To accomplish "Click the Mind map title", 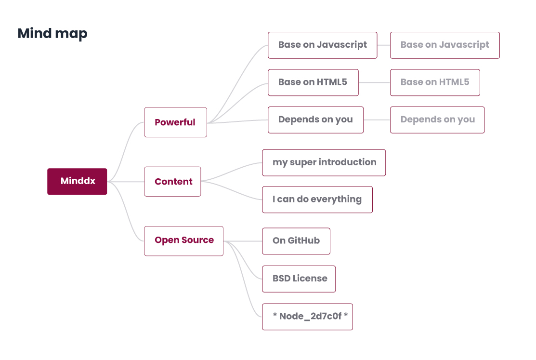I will click(x=52, y=33).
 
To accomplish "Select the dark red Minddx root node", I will click(x=77, y=182).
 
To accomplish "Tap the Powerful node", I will click(x=175, y=122).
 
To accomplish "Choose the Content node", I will click(x=172, y=182).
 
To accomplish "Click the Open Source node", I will click(x=183, y=240).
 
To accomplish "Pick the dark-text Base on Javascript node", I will click(x=322, y=45).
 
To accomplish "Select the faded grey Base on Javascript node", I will click(x=444, y=45).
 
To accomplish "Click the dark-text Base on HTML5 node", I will click(x=313, y=82).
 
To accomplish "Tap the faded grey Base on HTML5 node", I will click(x=435, y=82).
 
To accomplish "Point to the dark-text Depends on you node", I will click(x=315, y=120).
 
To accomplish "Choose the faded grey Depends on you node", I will click(x=437, y=120).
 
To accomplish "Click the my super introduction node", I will click(x=324, y=163).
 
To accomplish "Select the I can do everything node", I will click(x=317, y=200).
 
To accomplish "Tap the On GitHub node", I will click(x=296, y=241).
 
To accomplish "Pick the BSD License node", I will click(x=299, y=279).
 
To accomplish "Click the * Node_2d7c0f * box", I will click(x=307, y=317).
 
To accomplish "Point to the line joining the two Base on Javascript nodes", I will click(x=383, y=45).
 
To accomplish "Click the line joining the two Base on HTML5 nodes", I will click(x=374, y=82).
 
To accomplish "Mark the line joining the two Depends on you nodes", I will click(x=377, y=120).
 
